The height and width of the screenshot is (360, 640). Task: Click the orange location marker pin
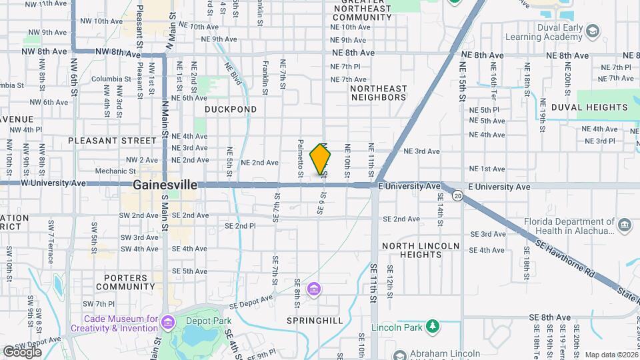click(x=321, y=159)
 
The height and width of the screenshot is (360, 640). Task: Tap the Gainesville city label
click(x=165, y=185)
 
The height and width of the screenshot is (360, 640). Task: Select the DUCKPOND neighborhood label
click(x=230, y=109)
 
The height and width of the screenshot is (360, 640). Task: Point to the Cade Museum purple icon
click(x=167, y=323)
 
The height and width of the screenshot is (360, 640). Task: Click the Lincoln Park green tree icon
click(x=433, y=326)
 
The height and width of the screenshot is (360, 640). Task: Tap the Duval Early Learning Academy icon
click(x=592, y=31)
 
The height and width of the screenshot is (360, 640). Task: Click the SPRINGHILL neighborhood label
click(x=315, y=321)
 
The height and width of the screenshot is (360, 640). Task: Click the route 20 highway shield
click(x=457, y=195)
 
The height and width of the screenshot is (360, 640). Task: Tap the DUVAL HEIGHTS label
click(x=589, y=107)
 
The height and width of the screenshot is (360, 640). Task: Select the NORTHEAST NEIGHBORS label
click(x=378, y=93)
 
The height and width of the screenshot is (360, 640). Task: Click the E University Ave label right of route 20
click(x=499, y=187)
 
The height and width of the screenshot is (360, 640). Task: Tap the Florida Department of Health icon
click(x=624, y=225)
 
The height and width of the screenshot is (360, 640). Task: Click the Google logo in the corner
click(x=22, y=351)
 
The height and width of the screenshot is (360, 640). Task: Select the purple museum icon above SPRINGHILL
click(x=314, y=289)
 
